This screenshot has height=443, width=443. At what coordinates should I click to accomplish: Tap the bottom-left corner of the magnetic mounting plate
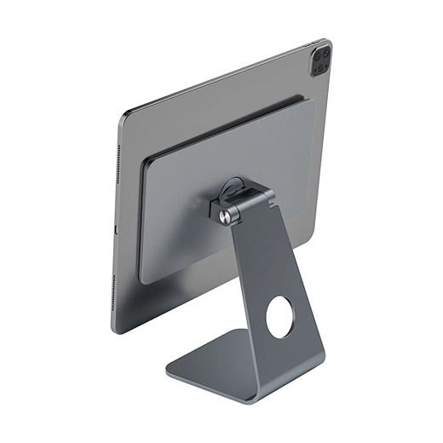tap(141, 280)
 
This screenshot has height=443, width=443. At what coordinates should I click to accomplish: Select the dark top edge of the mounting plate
tap(221, 127)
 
